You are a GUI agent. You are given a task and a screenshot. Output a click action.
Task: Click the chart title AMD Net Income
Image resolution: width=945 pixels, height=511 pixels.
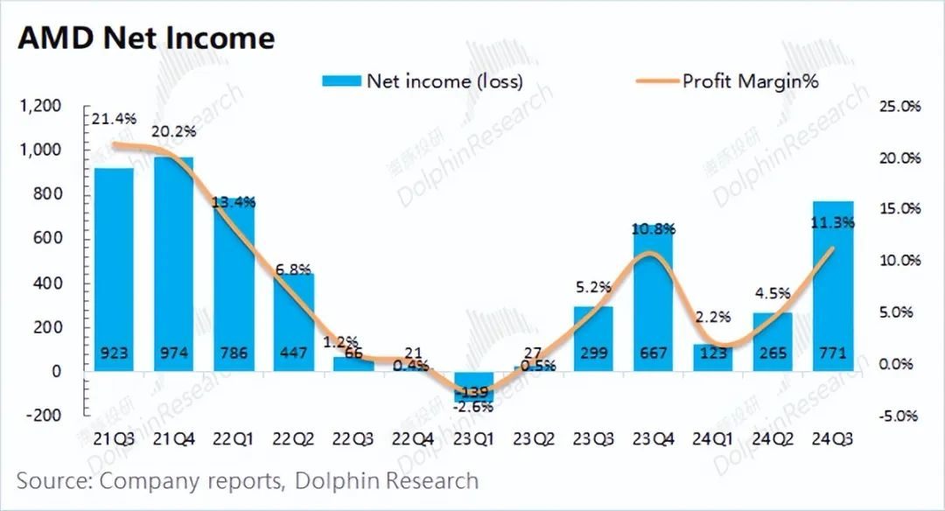[146, 38]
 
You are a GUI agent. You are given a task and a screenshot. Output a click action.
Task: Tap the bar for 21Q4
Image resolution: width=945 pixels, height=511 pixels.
[173, 262]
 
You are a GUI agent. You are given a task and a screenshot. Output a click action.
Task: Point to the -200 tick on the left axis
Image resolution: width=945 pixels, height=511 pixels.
[43, 415]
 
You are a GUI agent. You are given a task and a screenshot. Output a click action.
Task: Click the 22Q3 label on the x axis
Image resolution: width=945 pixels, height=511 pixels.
[354, 439]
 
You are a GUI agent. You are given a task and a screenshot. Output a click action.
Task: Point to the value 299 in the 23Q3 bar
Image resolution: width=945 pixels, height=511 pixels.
[594, 354]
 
